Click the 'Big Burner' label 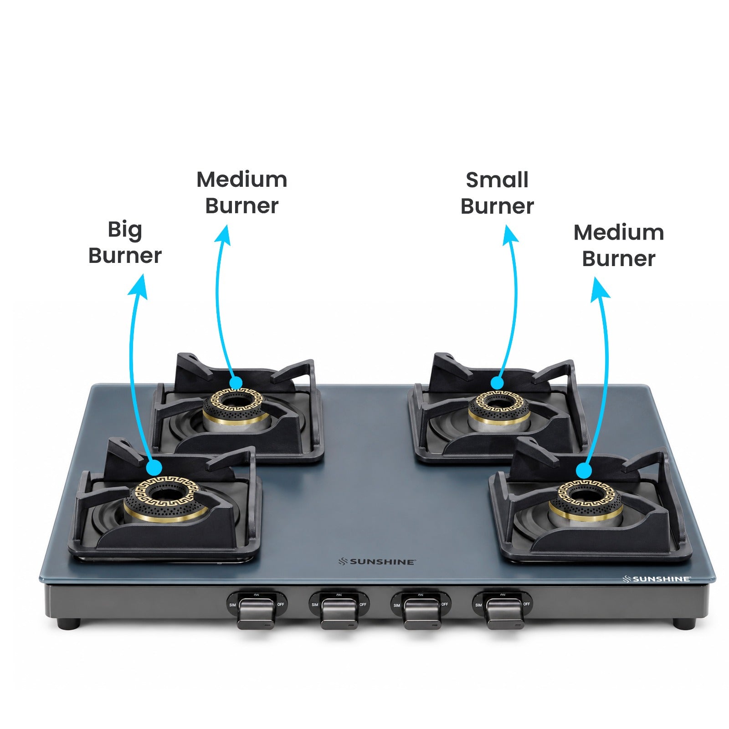pyautogui.click(x=125, y=242)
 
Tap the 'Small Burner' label pyautogui.click(x=497, y=193)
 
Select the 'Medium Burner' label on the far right pyautogui.click(x=619, y=246)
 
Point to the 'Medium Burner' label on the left pyautogui.click(x=242, y=193)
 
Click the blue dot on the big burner pyautogui.click(x=154, y=467)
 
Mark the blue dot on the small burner pyautogui.click(x=497, y=383)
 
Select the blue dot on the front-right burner pyautogui.click(x=584, y=471)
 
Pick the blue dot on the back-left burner pyautogui.click(x=236, y=383)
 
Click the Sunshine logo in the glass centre pyautogui.click(x=377, y=562)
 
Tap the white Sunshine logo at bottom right pyautogui.click(x=657, y=579)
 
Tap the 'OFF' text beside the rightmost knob pyautogui.click(x=527, y=604)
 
